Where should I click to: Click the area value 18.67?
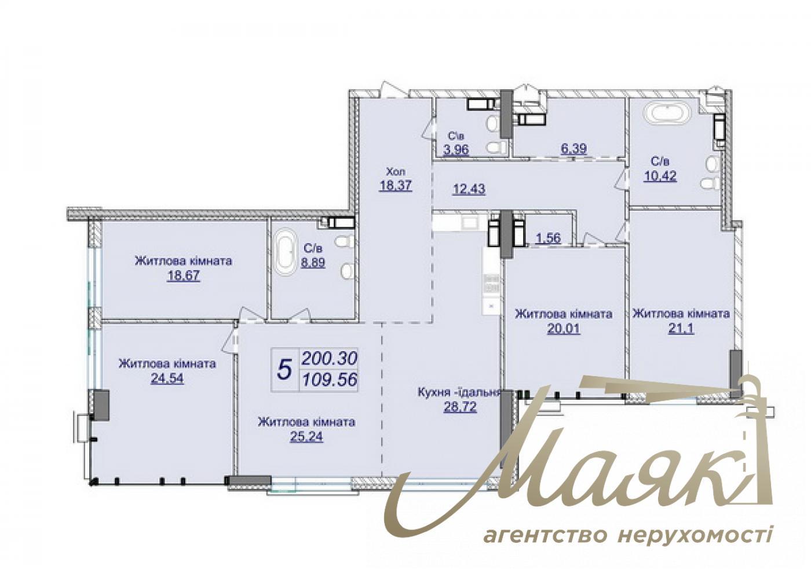pyautogui.click(x=183, y=275)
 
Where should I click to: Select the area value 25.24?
pyautogui.click(x=306, y=436)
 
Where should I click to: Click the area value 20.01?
pyautogui.click(x=564, y=329)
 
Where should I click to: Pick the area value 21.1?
pyautogui.click(x=681, y=329)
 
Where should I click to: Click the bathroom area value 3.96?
pyautogui.click(x=456, y=150)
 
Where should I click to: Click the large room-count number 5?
pyautogui.click(x=284, y=369)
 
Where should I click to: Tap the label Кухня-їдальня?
pyautogui.click(x=459, y=393)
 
